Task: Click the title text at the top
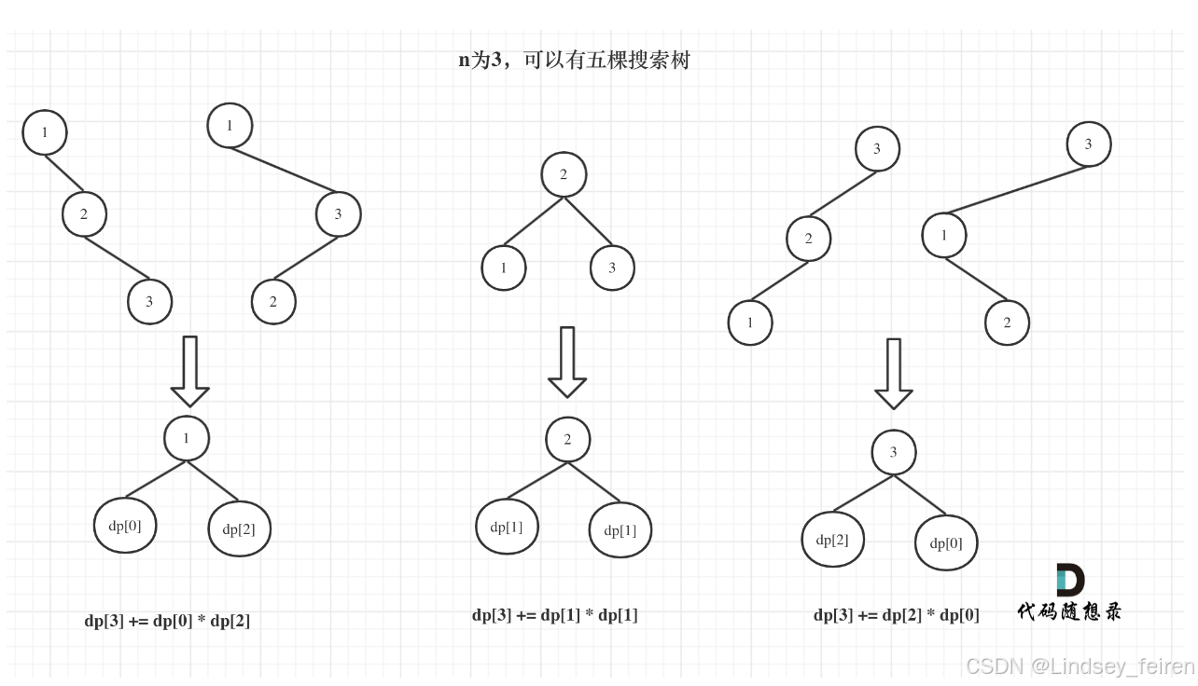coord(574,61)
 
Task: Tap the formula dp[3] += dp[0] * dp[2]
coord(167,621)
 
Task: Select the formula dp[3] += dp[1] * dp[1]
coord(555,615)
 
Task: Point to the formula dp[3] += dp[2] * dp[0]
coord(897,615)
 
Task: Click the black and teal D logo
coord(1069,580)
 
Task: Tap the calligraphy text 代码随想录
coord(1069,611)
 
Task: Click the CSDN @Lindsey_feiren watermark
coord(1080,666)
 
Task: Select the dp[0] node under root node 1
coord(125,526)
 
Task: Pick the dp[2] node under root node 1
coord(239,529)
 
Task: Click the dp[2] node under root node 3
coord(832,540)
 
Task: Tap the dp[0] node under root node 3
coord(946,542)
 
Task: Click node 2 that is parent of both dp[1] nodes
coord(567,440)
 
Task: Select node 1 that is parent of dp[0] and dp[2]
coord(187,438)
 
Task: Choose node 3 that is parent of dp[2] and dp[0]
coord(893,453)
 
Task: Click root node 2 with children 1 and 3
coord(564,174)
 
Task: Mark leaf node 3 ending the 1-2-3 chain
coord(150,301)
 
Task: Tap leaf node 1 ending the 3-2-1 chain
coord(750,323)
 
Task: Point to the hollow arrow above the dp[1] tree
coord(567,362)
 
